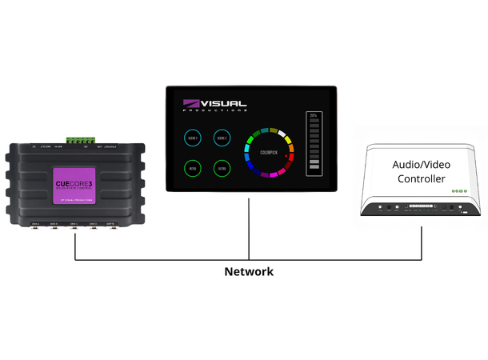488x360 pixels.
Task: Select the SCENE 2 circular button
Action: (222, 139)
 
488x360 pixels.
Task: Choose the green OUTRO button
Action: (222, 169)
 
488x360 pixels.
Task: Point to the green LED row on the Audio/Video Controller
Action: (458, 191)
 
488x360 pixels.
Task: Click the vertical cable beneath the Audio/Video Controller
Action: (422, 240)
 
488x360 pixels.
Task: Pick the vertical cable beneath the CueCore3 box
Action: (74, 245)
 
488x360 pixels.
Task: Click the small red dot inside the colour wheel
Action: (286, 159)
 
